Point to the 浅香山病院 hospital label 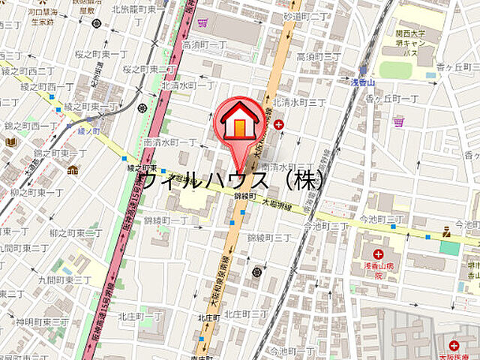click(x=368, y=269)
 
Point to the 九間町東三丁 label click(x=67, y=280)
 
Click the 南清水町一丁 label click(x=170, y=142)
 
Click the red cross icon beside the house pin click(x=279, y=124)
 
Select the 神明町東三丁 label click(x=44, y=321)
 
